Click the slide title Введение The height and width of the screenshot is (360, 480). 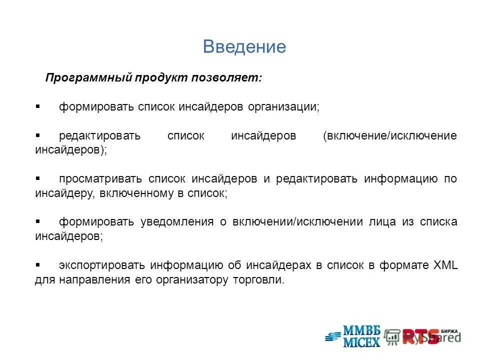click(244, 46)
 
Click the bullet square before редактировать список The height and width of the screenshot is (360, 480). click(38, 135)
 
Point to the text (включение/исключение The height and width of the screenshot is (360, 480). click(390, 136)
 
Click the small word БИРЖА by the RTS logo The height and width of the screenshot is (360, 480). click(449, 330)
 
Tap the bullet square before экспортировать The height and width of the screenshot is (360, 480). click(38, 265)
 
